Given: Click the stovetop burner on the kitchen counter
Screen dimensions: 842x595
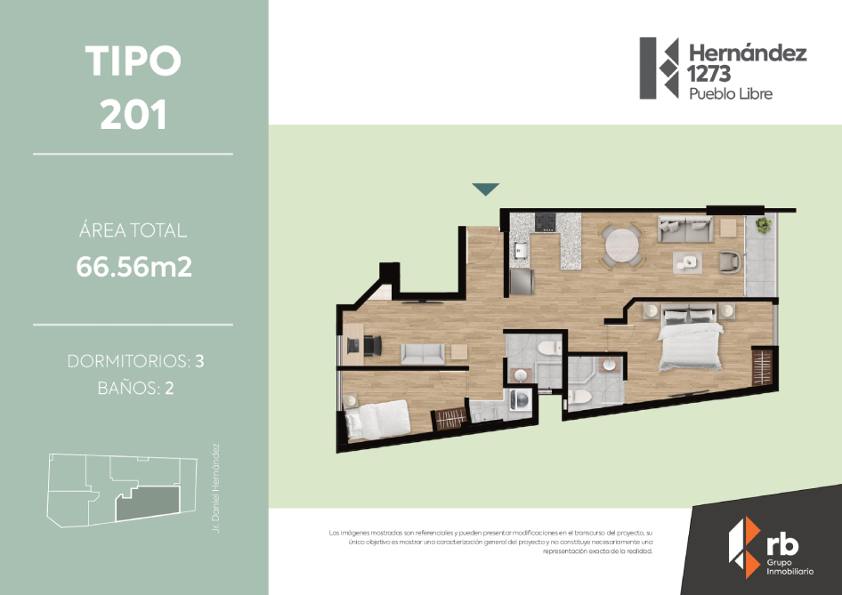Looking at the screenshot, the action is coord(545,222).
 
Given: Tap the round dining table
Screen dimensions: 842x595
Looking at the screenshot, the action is coord(622,246).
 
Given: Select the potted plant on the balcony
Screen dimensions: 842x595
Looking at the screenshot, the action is coord(763,224).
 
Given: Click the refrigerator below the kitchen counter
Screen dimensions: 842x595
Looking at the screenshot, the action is coord(522,281).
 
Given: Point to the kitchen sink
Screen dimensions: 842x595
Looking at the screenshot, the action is coord(519,250).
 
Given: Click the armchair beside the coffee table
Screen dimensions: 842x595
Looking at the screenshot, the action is coord(730,261).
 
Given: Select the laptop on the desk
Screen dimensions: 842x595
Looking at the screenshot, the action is coord(352,345).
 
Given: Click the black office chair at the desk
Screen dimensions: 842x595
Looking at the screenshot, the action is coord(373,345).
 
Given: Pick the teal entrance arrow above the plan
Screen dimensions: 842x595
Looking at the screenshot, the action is coord(486,189).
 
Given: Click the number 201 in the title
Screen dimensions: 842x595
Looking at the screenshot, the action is coord(134,114).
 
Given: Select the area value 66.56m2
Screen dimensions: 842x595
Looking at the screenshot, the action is coord(134,267).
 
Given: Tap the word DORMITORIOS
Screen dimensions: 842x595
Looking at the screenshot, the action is coord(129,362).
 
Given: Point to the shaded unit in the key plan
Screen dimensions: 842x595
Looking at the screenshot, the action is coord(147,503).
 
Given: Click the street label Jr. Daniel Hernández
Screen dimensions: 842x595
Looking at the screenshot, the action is coord(216,487).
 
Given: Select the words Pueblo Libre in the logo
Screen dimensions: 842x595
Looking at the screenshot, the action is coord(731,94).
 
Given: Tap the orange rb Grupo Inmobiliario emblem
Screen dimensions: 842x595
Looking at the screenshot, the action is coord(744,547).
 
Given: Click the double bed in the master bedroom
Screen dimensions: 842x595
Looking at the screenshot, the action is coord(690,337).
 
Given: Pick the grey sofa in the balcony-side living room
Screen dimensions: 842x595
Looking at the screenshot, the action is coord(685,229).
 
